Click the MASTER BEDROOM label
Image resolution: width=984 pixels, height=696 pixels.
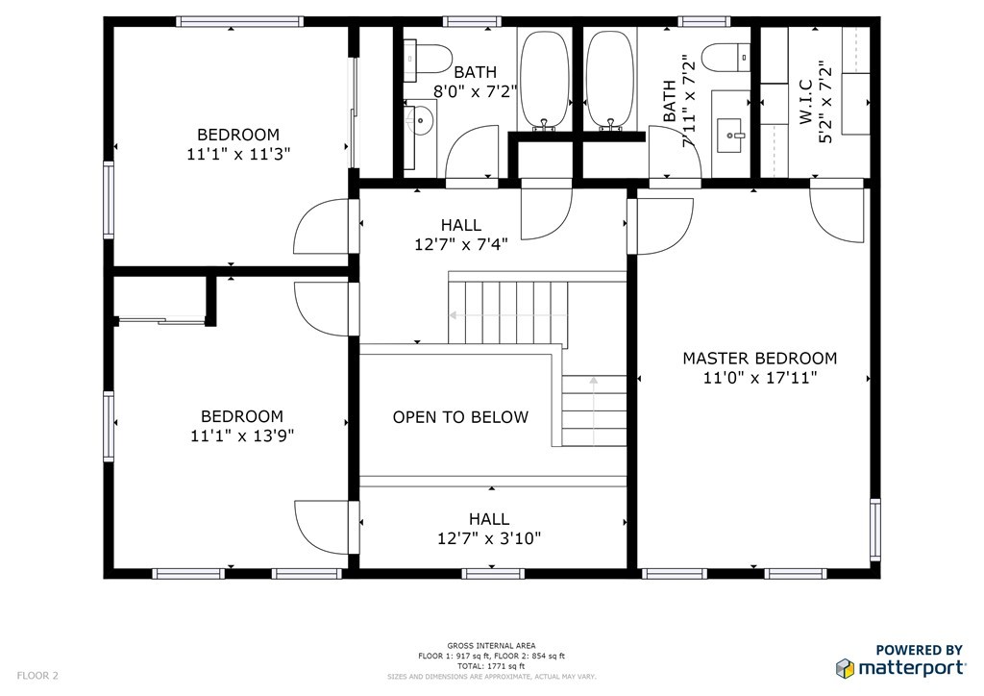point(759,359)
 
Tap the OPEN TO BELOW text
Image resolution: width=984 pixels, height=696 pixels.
point(460,417)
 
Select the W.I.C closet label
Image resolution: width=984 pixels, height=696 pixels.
point(806,102)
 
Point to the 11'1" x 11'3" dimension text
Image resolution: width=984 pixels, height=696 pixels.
point(238,154)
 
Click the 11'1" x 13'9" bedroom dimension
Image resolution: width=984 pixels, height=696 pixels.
point(242,435)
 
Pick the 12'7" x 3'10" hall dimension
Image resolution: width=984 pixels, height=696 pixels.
point(489,538)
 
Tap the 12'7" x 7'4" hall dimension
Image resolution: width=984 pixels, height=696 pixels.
point(460,244)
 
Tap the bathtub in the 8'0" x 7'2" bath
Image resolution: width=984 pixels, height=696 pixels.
point(545,80)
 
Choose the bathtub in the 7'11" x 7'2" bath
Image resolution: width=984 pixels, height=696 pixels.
point(610,80)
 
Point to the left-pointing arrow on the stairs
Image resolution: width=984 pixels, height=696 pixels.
point(507,315)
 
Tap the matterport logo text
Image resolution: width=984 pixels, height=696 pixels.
point(911,668)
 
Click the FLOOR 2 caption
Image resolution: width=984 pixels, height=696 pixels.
point(37,676)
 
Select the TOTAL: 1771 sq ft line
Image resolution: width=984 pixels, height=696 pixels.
point(491,666)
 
